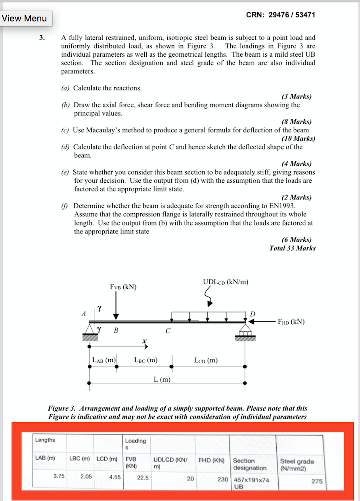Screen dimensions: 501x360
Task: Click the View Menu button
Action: pos(25,18)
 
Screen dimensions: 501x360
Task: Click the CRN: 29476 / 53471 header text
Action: pos(280,15)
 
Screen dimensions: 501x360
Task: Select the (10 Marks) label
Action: pos(298,138)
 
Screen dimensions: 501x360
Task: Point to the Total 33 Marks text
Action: pos(292,248)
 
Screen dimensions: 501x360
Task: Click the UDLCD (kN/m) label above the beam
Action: pos(226,282)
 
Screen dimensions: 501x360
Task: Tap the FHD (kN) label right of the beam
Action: pos(291,321)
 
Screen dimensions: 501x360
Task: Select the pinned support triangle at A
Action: pos(90,329)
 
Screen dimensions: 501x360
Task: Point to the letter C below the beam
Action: pos(168,331)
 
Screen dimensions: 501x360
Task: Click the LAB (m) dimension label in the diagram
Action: pos(103,360)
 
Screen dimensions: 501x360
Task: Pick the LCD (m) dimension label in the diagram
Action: pos(206,360)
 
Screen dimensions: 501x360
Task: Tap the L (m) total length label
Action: pos(162,380)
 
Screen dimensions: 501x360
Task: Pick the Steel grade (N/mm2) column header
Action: pos(297,465)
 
